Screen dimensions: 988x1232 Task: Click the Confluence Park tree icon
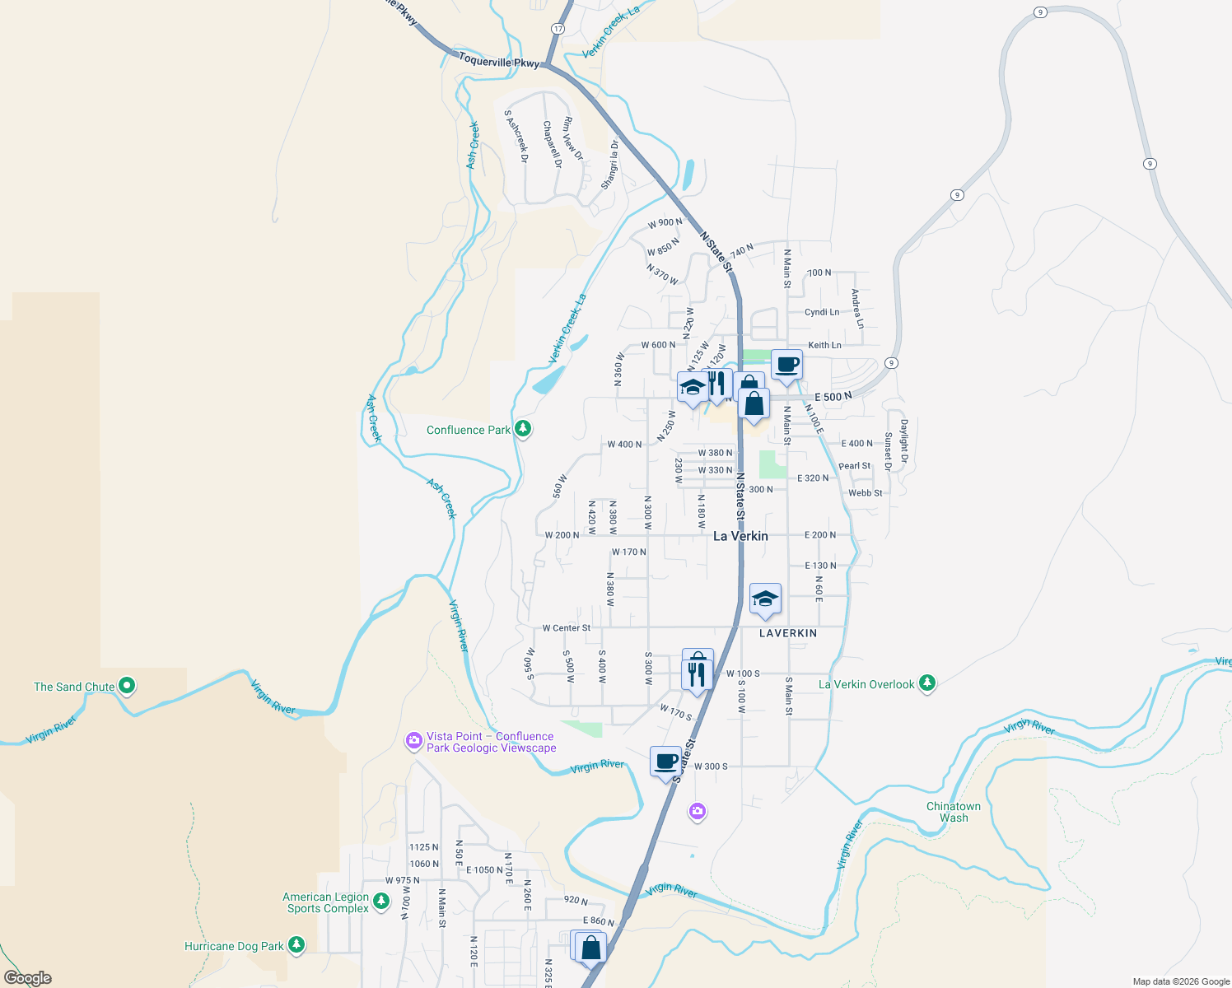point(522,429)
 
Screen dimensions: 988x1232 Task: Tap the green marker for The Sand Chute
point(127,685)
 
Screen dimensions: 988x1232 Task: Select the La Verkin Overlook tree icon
point(927,683)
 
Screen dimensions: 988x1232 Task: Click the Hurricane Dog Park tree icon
point(296,945)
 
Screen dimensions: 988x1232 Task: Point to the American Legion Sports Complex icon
point(380,902)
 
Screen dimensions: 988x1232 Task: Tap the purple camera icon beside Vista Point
point(414,741)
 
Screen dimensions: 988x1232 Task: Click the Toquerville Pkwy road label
point(499,61)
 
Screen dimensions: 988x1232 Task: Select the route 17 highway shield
point(558,29)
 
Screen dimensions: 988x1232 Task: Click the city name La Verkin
point(740,536)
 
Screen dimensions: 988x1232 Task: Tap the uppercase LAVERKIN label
point(788,633)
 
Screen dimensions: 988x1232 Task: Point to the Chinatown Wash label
point(954,812)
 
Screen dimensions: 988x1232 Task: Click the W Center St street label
point(566,627)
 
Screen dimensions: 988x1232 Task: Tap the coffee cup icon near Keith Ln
point(787,365)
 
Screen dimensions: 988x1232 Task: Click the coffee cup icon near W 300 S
point(665,762)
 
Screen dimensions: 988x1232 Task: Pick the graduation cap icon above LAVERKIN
point(765,599)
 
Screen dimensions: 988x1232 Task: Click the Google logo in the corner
point(27,977)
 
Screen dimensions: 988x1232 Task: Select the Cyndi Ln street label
point(822,312)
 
